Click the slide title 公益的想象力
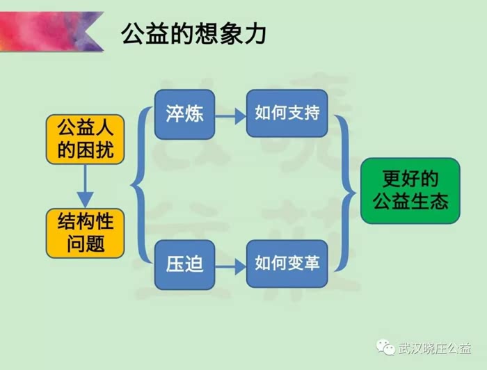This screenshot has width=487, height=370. tap(193, 33)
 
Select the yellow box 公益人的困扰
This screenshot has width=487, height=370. tap(86, 139)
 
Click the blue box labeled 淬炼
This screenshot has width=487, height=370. tap(184, 113)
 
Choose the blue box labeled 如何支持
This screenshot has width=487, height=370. tap(287, 113)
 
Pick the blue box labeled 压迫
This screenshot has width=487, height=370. tap(184, 264)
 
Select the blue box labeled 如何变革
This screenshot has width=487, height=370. tap(287, 264)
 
